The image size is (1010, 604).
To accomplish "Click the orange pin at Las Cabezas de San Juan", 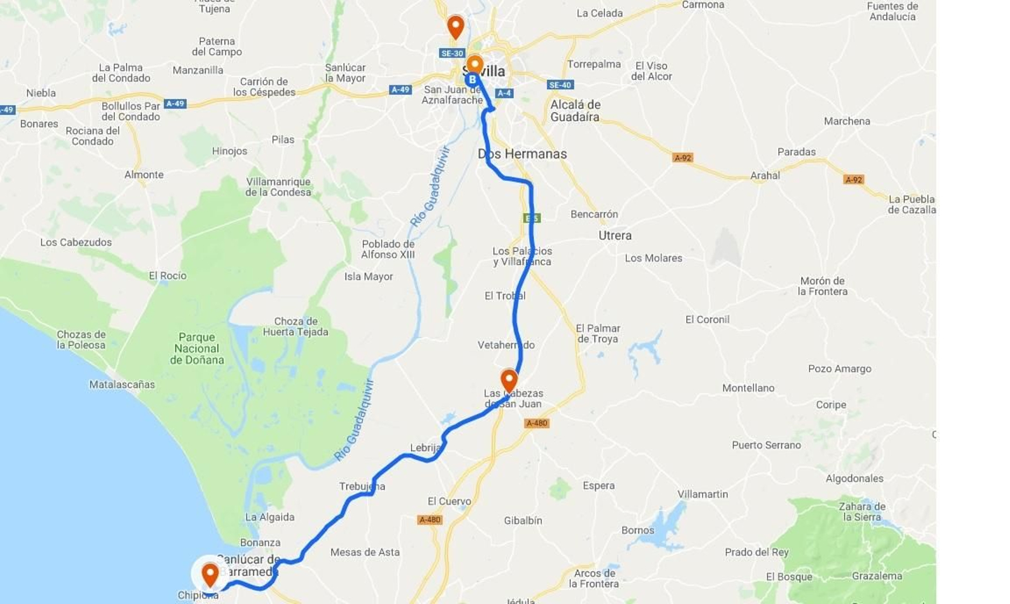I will coord(509,380).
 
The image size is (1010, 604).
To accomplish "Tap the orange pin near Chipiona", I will coord(210,574).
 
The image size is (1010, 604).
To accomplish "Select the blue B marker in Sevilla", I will coord(472,80).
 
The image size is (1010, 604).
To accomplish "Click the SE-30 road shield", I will coord(452,53).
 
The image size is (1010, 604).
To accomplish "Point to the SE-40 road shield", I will coord(560,85).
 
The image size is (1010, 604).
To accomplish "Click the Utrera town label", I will coord(615,235).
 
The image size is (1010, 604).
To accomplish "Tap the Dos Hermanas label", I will coord(522,154).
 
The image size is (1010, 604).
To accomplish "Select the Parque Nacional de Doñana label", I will coord(197,348).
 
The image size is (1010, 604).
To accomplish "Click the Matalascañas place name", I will coord(122,384).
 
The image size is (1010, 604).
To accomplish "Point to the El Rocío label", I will coord(168,275).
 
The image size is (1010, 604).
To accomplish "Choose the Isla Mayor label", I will coord(369,276).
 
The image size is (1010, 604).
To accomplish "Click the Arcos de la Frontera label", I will coord(593,578).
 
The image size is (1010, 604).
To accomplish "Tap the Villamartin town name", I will coord(703,494).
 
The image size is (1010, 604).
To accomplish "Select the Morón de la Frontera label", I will coord(822,286).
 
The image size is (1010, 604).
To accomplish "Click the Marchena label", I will coord(847,121).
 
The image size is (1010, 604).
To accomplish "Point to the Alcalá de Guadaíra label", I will coord(575,111).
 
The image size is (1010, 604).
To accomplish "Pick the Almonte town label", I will coord(144,174).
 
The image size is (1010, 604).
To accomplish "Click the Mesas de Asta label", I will coord(365,552).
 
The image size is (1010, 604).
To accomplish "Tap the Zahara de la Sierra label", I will coord(862,511).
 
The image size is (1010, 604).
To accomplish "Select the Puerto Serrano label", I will coord(766,445).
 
